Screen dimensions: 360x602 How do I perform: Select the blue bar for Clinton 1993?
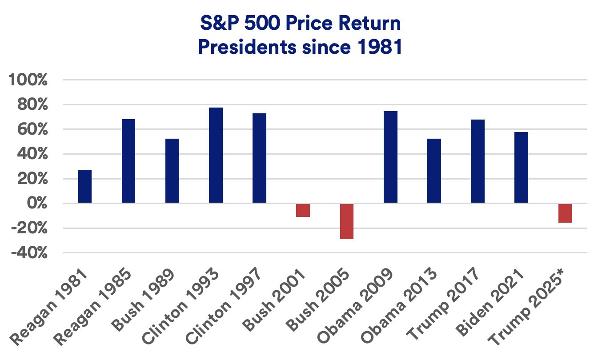(x=216, y=156)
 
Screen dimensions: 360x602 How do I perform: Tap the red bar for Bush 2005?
(x=346, y=221)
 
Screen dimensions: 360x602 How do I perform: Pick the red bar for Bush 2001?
(x=303, y=210)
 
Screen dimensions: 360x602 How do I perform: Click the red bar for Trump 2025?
(x=565, y=213)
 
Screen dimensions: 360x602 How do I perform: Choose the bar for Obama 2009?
(x=390, y=157)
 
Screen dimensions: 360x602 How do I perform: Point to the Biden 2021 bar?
(x=521, y=168)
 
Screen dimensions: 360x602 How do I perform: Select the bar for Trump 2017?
(x=478, y=161)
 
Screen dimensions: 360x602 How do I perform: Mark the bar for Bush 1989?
(x=172, y=171)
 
